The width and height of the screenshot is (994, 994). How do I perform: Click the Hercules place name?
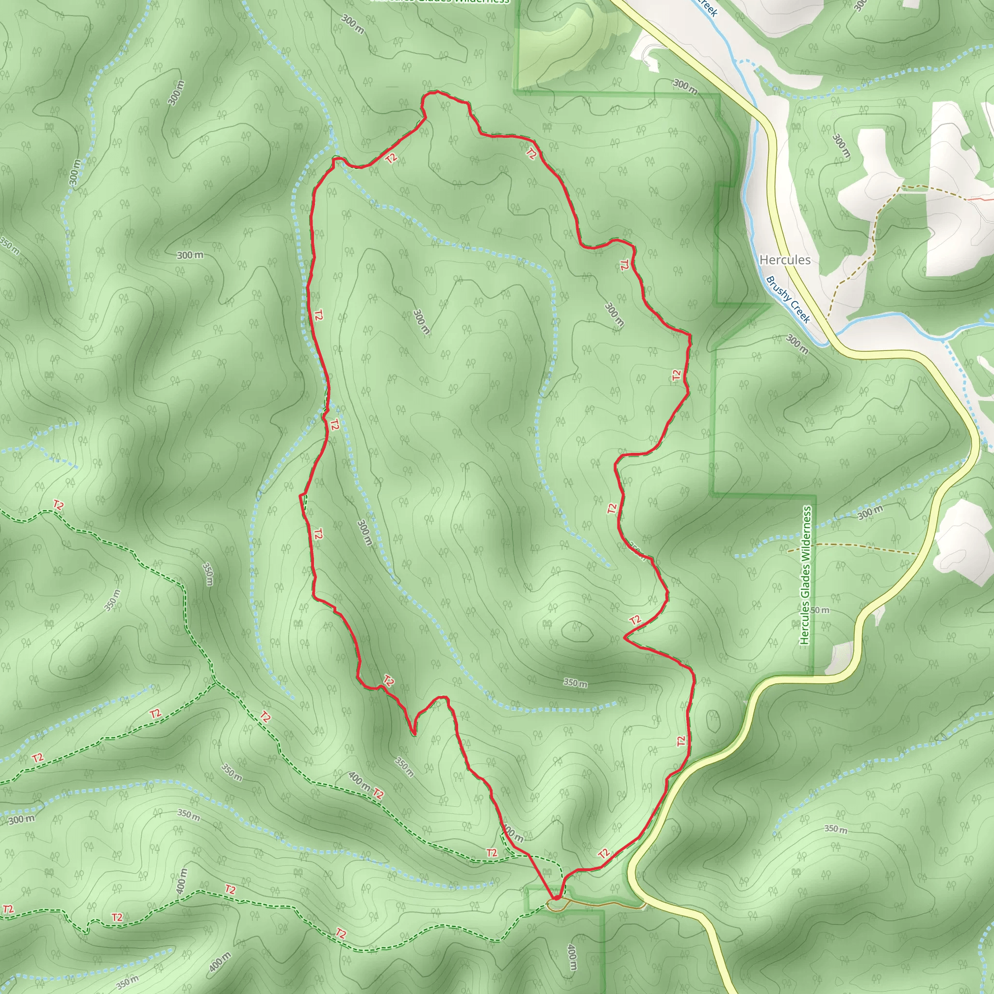(x=785, y=260)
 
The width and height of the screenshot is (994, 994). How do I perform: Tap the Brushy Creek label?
(x=788, y=300)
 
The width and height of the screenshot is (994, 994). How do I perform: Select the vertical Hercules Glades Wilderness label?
(x=805, y=575)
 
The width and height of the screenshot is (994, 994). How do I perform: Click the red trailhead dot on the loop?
(x=556, y=898)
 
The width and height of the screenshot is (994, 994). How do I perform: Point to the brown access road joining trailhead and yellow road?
(x=602, y=903)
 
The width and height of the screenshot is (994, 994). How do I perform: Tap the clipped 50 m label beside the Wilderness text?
(x=820, y=610)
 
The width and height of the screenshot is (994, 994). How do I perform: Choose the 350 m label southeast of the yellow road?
(x=836, y=829)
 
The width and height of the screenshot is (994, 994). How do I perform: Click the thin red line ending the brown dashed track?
(x=980, y=198)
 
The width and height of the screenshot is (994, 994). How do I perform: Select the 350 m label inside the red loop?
(x=575, y=683)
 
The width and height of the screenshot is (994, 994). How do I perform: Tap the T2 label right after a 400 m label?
(x=378, y=794)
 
